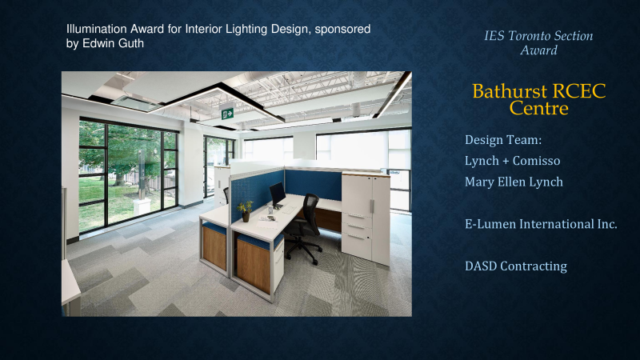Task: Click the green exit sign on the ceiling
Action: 227,113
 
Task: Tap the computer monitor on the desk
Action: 278,194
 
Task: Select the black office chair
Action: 303,228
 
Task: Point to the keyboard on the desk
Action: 290,210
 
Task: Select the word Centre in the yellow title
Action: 538,109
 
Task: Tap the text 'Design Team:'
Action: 503,140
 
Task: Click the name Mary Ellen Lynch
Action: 514,182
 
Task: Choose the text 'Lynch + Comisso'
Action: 512,161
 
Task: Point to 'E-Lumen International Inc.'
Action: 541,224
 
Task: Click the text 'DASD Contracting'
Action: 516,266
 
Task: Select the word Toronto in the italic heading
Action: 529,36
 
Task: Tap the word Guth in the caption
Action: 129,43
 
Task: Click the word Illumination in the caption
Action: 97,29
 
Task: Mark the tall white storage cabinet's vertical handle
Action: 372,206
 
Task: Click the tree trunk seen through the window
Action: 119,178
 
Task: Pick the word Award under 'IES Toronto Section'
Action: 538,50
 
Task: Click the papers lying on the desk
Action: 267,219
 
